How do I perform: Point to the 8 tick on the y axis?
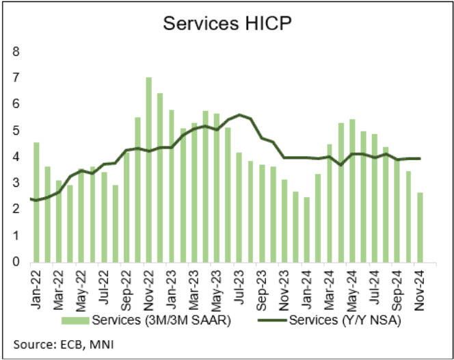tap(17, 52)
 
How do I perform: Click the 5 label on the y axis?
tap(17, 131)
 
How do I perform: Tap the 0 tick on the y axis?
tap(17, 262)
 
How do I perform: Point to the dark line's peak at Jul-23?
tap(239, 114)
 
